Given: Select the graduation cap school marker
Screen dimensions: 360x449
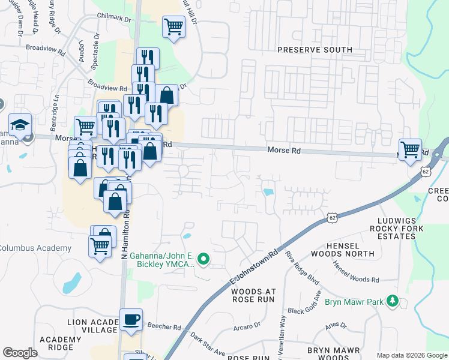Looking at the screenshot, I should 20,125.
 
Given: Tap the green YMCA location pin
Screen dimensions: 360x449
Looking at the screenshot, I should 203,259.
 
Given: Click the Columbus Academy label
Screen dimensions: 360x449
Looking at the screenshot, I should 35,248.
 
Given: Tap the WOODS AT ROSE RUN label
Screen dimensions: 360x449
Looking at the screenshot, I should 252,295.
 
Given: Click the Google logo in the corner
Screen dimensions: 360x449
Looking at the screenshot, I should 20,352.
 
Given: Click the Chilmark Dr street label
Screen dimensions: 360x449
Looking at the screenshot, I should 115,19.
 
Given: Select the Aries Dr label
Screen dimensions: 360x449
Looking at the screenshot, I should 337,325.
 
